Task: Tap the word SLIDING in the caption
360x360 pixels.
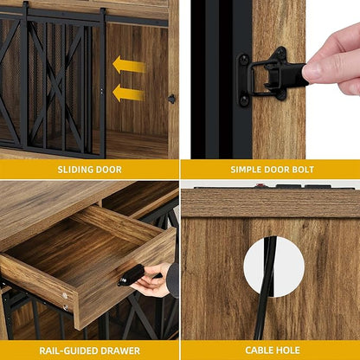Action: tap(67, 169)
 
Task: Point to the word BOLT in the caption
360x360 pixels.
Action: tap(313, 169)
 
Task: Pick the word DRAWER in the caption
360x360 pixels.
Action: tap(122, 350)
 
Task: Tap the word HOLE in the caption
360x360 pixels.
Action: tap(291, 350)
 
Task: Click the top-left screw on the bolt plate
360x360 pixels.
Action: tap(245, 60)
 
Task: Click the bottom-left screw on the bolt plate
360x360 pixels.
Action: tap(245, 100)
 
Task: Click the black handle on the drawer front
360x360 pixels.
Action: tap(132, 274)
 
